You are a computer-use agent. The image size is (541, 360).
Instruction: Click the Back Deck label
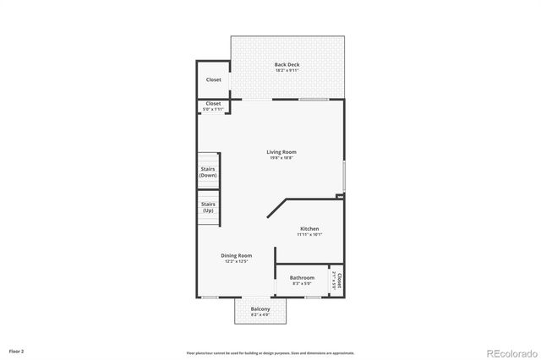point(287,64)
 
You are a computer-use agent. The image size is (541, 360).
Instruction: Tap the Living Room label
point(282,152)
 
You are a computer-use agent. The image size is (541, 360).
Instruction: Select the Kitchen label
point(309,229)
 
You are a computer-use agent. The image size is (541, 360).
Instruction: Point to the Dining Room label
point(236,256)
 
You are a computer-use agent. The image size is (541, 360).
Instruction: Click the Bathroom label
point(302,278)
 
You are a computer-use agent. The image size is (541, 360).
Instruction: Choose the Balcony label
point(260,309)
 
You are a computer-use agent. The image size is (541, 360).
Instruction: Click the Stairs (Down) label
point(208,171)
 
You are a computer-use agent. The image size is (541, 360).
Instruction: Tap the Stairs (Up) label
point(208,206)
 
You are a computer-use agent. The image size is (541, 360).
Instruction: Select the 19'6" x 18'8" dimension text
point(282,158)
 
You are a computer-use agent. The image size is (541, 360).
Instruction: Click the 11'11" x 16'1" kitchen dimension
point(309,235)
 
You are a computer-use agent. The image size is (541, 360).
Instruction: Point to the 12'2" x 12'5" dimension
point(236,262)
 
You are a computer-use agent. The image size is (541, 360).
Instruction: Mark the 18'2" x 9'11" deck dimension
point(287,70)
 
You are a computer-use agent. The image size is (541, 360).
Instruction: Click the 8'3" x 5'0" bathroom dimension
point(302,284)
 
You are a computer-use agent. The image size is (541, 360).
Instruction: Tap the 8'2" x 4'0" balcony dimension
point(260,315)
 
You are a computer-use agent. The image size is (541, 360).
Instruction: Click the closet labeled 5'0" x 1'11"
point(214,106)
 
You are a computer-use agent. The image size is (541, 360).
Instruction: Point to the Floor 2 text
point(17,350)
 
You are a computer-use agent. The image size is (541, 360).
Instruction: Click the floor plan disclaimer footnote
point(270,352)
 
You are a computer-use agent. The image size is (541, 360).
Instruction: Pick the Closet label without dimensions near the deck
point(214,79)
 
